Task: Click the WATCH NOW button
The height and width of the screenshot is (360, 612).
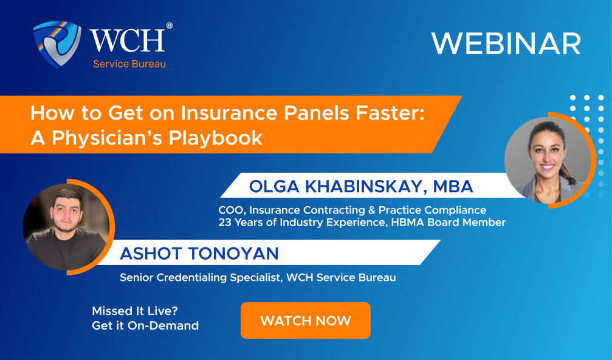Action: click(x=305, y=320)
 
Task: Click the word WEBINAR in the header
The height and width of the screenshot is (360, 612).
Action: click(x=506, y=44)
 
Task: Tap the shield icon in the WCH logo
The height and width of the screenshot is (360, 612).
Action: click(x=57, y=44)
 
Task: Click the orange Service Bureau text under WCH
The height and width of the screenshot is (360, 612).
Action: click(x=129, y=64)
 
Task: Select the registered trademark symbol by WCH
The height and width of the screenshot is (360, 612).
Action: click(x=169, y=26)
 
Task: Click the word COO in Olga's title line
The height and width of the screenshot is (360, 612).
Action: click(x=229, y=210)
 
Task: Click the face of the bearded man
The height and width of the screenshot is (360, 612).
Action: click(x=65, y=215)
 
